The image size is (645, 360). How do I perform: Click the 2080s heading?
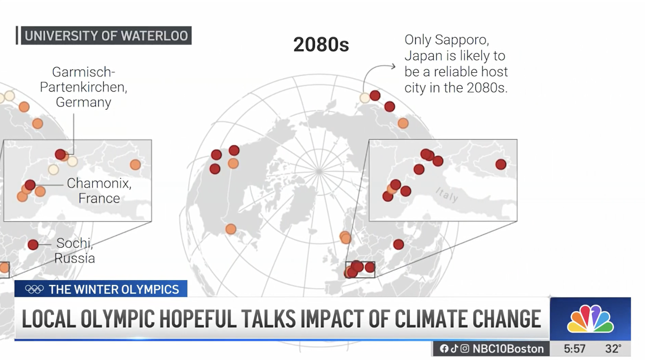(321, 45)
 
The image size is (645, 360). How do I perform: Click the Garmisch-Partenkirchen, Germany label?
(83, 87)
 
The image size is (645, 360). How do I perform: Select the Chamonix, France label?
(99, 191)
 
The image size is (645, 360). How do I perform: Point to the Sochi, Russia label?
(75, 250)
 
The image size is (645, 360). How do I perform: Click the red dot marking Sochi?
(33, 245)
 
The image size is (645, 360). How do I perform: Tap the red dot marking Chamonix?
(30, 185)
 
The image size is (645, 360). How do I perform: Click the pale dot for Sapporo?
(365, 98)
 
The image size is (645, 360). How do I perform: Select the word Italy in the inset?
(447, 195)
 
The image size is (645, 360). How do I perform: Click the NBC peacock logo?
(590, 319)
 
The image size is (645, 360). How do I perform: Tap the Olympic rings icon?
(34, 289)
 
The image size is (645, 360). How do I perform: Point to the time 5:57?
(575, 349)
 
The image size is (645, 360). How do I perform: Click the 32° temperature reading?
(613, 349)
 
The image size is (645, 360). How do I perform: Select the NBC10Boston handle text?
(508, 349)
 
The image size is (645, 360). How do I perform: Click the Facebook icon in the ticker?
(444, 349)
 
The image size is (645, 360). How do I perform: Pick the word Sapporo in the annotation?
(461, 40)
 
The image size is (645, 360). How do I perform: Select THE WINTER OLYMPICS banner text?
(114, 290)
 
